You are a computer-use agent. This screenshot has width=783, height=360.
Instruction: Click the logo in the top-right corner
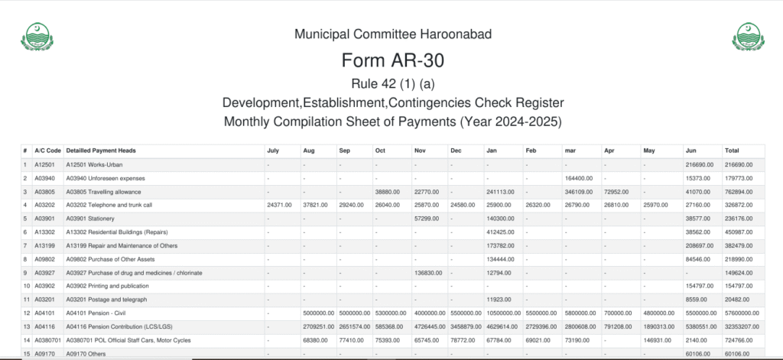[x=747, y=37]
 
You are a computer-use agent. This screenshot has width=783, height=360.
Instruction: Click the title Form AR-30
[x=392, y=60]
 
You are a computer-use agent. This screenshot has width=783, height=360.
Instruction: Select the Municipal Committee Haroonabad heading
[x=392, y=34]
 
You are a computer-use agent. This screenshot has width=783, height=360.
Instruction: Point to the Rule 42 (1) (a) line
[x=392, y=83]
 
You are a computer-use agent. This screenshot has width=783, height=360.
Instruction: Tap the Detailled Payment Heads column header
[x=101, y=151]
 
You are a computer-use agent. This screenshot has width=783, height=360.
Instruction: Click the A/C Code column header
[x=47, y=151]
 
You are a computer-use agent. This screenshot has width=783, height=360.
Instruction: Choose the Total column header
[x=733, y=151]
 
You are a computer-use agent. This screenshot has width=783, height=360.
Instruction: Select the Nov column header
[x=421, y=151]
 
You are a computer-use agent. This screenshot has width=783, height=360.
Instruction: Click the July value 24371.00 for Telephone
[x=280, y=205]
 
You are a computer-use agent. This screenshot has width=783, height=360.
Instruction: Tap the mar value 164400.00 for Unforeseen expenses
[x=579, y=178]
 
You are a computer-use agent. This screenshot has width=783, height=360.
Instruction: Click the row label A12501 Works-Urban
[x=96, y=164]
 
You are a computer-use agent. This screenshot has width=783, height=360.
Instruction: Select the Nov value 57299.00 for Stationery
[x=427, y=219]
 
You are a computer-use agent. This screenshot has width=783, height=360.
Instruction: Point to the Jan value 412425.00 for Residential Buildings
[x=502, y=232]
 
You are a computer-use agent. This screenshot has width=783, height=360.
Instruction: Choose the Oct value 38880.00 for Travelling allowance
[x=388, y=192]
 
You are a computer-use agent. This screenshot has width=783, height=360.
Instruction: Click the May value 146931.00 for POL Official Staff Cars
[x=659, y=339]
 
